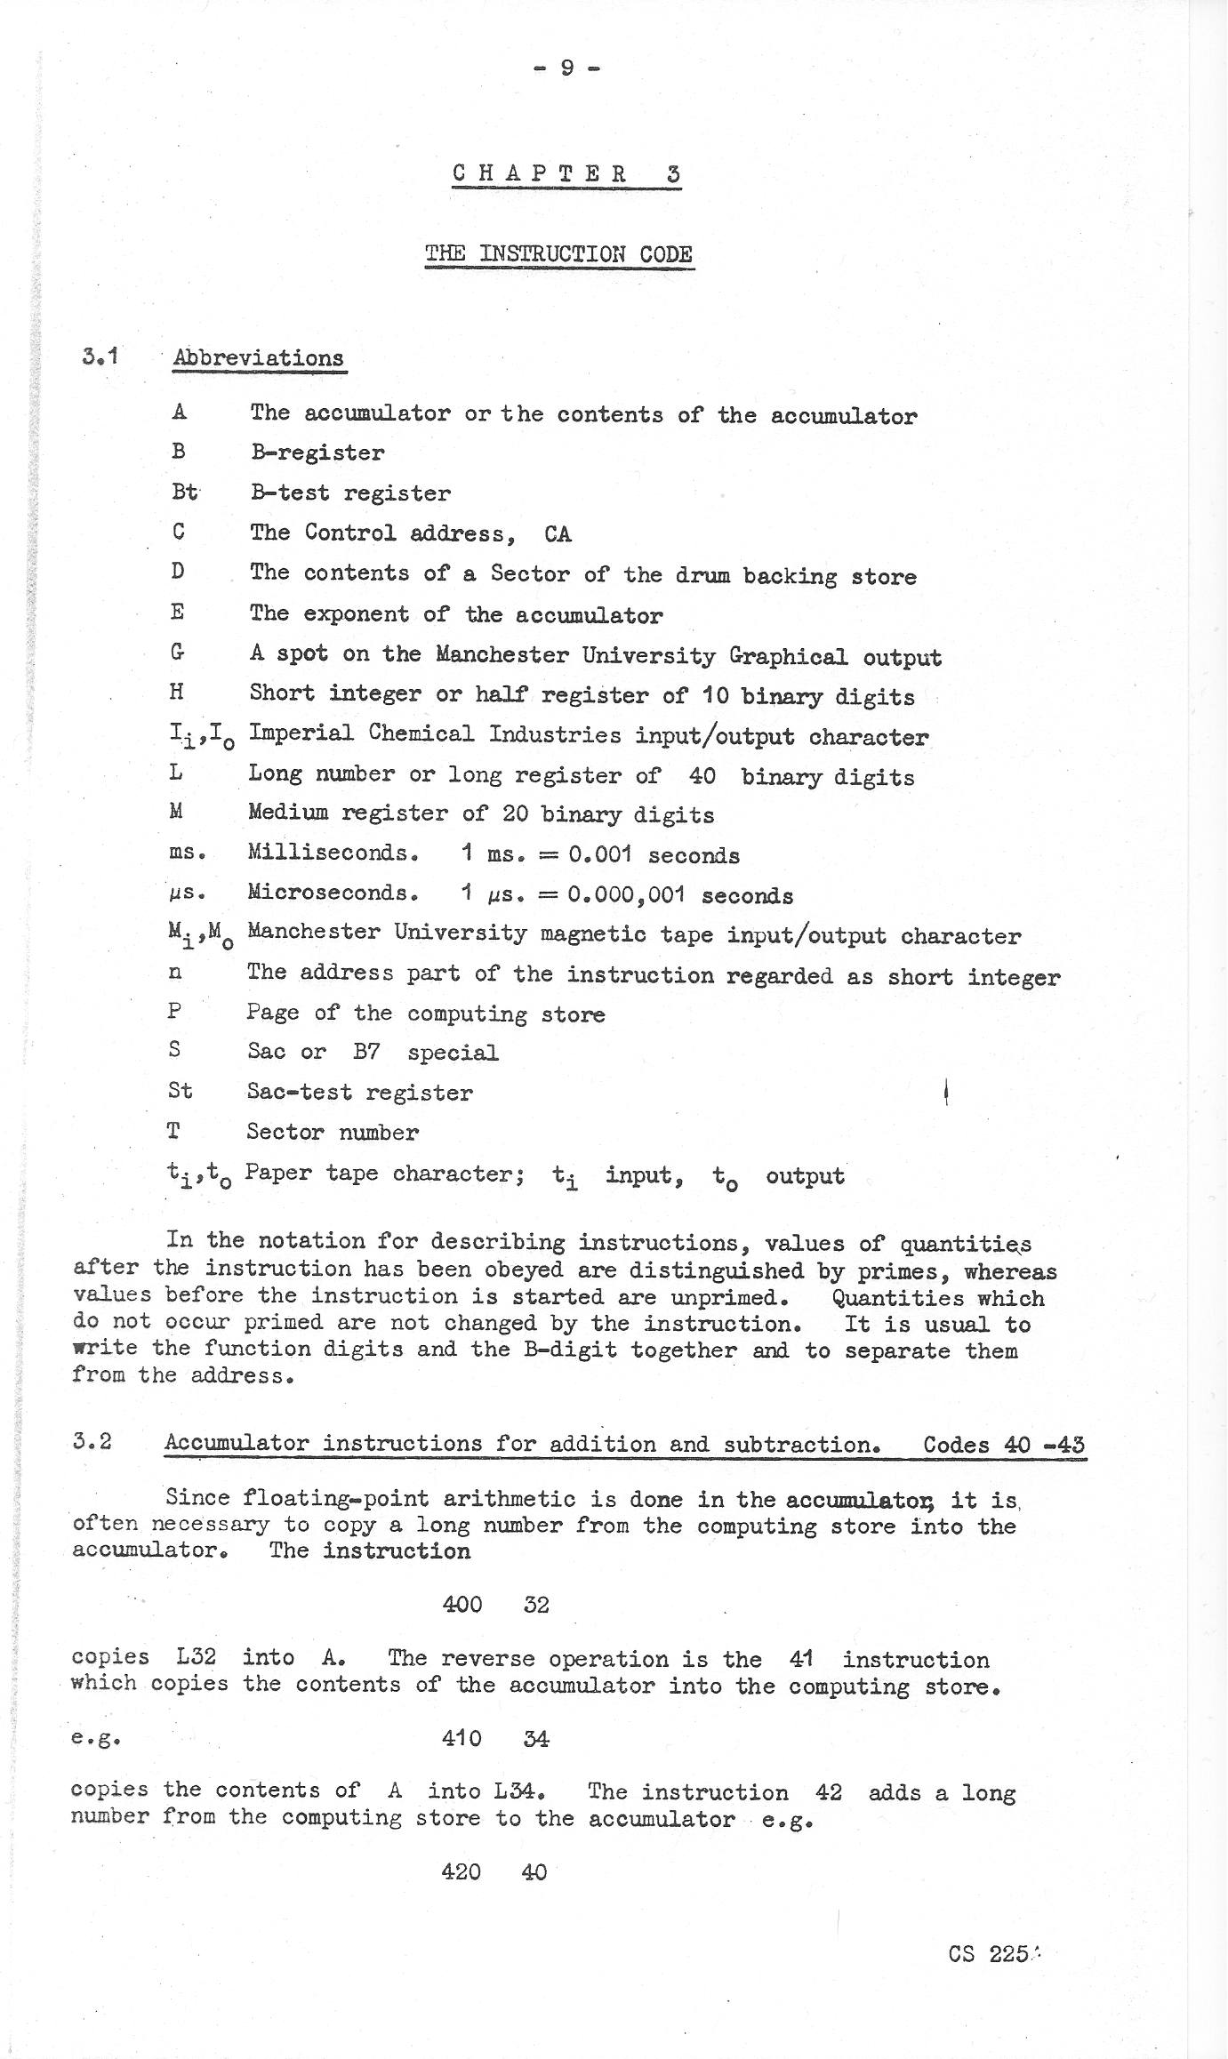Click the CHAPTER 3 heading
566,173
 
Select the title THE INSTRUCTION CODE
558,254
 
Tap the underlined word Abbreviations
259,358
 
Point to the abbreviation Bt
185,492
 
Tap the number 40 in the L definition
702,776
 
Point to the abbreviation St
180,1091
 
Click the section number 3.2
93,1441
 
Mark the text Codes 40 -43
1003,1444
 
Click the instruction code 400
462,1605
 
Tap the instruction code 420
462,1871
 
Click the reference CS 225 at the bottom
989,1954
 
